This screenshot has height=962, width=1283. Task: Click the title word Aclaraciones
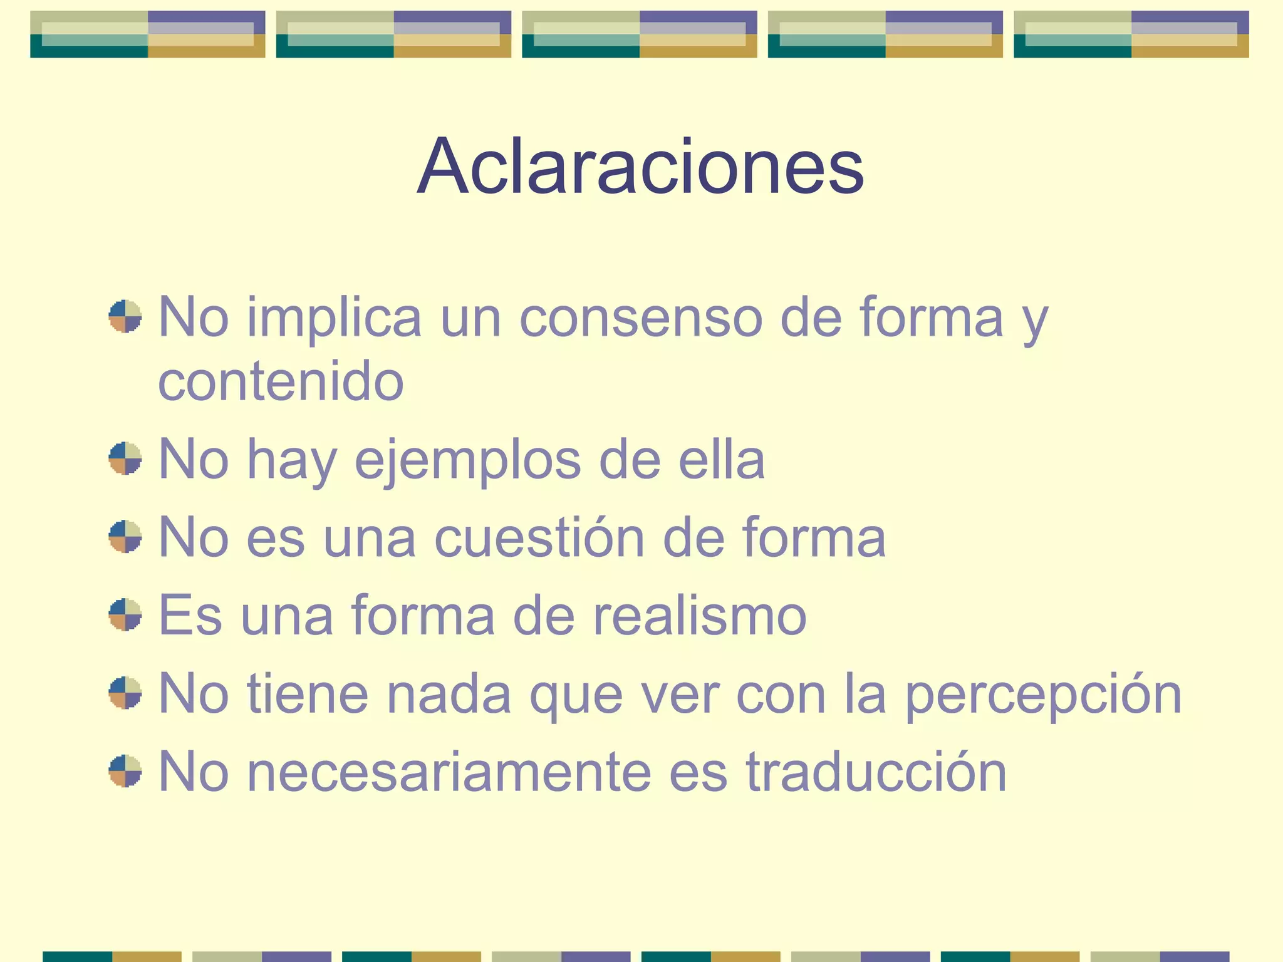[x=640, y=167]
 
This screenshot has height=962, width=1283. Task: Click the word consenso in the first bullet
[x=641, y=318]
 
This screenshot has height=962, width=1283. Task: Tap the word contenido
[x=281, y=382]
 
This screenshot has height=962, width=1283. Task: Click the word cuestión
[x=539, y=537]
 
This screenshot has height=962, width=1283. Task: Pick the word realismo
[x=699, y=616]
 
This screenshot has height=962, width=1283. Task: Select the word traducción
[x=876, y=772]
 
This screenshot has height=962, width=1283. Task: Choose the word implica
[x=334, y=318]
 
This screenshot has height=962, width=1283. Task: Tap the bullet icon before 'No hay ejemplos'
[x=125, y=459]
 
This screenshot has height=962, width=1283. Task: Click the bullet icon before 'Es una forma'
[x=125, y=614]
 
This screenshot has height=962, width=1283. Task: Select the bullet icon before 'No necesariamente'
[x=125, y=770]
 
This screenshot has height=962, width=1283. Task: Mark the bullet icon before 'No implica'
[x=125, y=316]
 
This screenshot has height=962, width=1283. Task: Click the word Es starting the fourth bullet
[x=190, y=616]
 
